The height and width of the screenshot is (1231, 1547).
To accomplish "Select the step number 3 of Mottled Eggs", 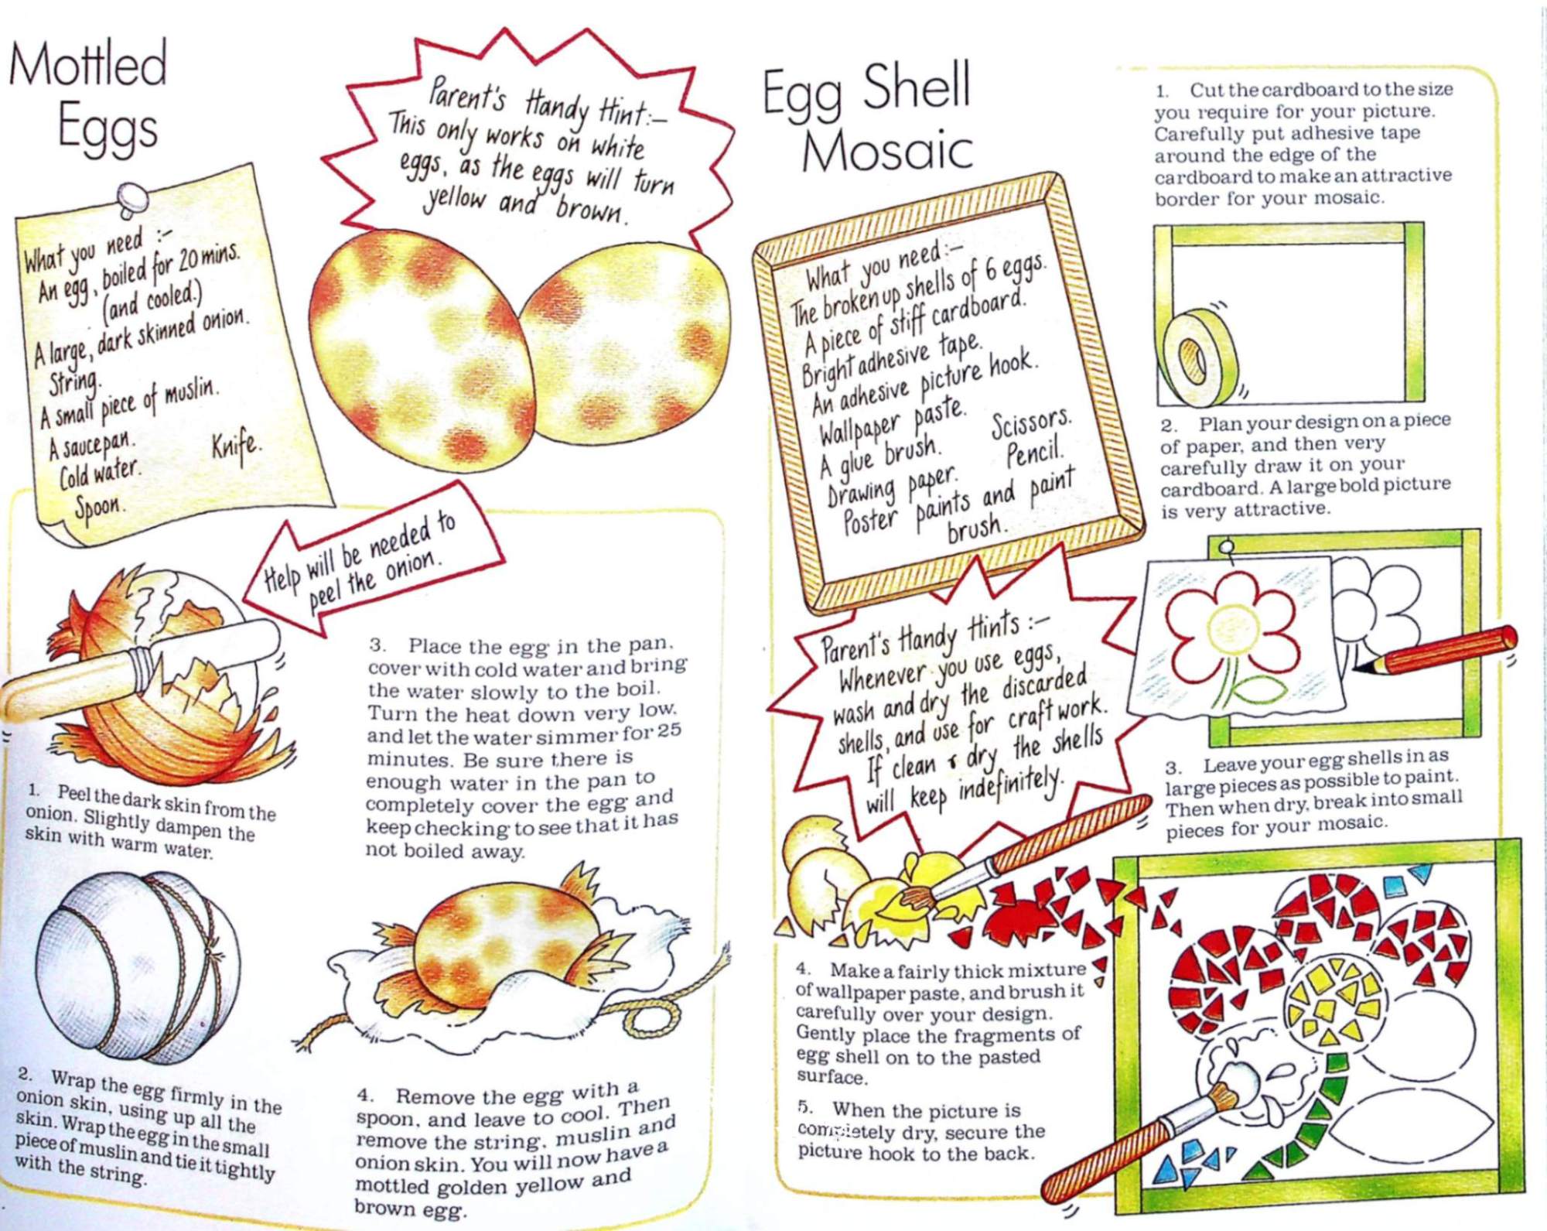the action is (376, 645).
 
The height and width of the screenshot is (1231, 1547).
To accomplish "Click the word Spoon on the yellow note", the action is (98, 507).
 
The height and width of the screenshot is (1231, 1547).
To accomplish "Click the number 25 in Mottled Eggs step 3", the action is (668, 730).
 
